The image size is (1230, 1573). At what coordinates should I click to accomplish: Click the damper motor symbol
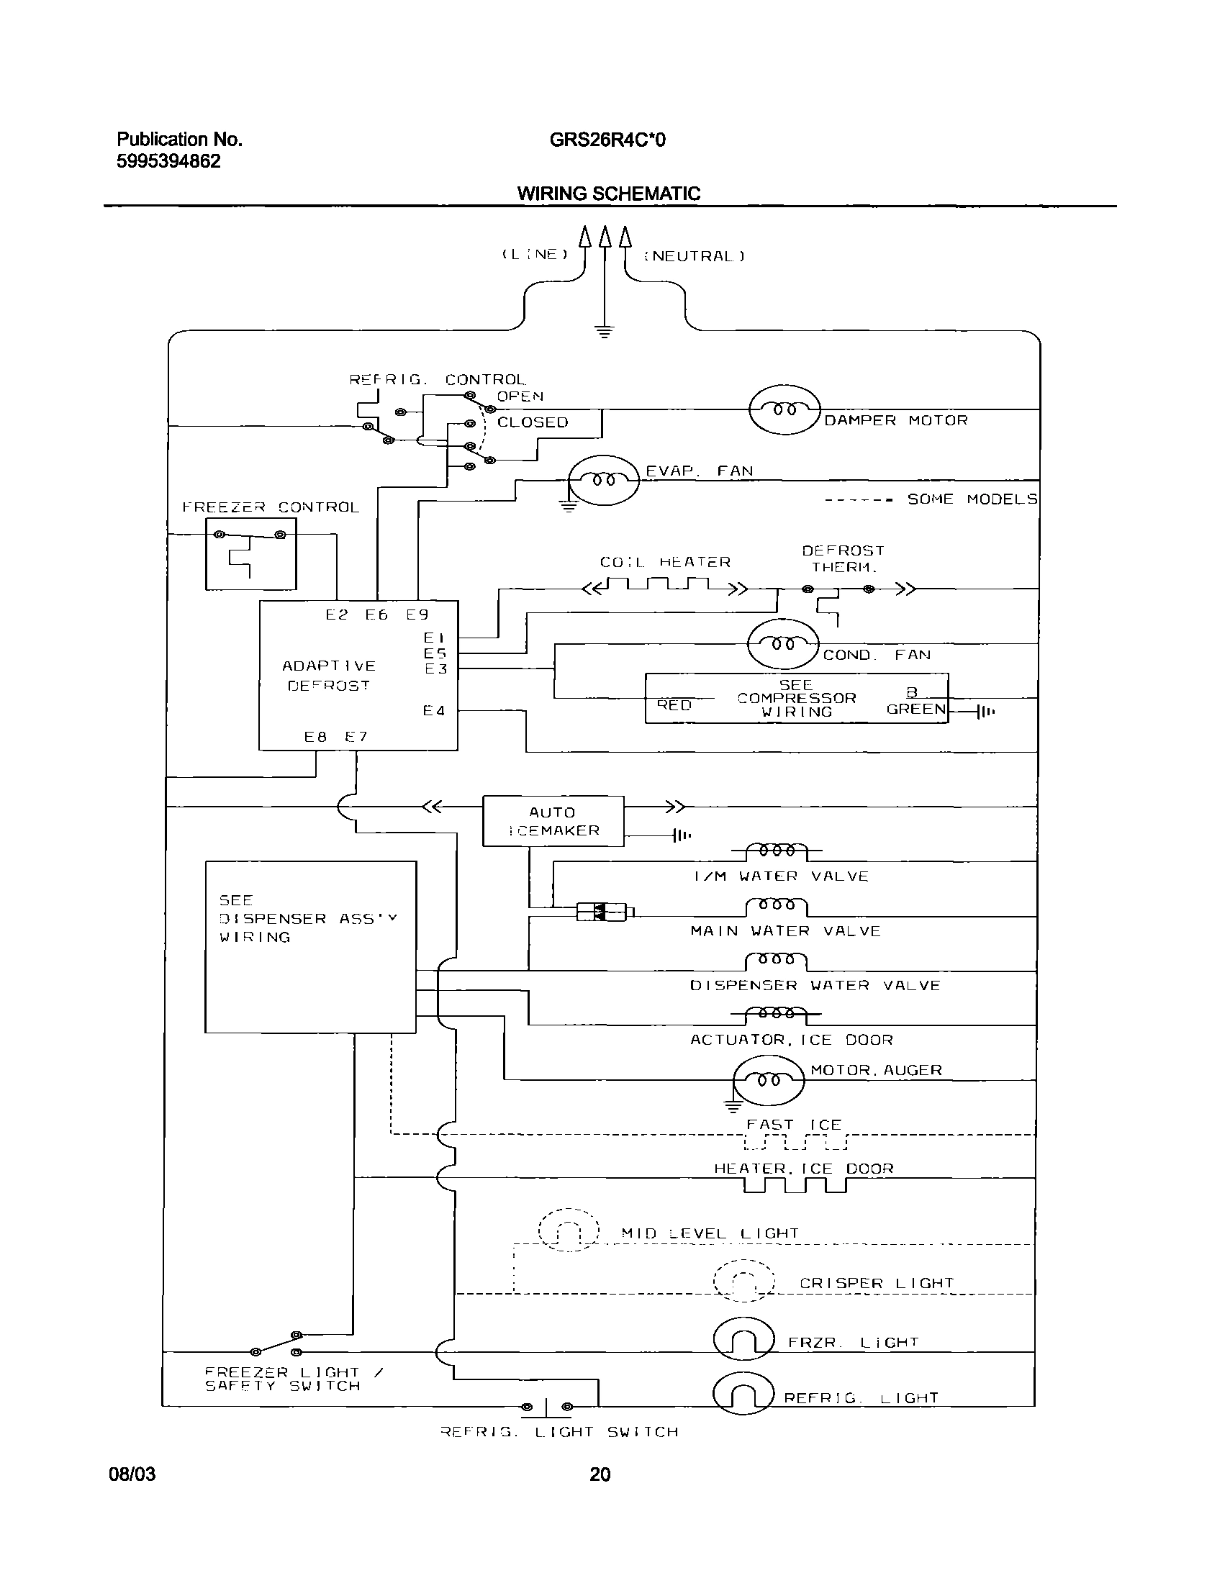784,410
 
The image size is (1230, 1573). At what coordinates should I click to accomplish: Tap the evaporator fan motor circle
604,479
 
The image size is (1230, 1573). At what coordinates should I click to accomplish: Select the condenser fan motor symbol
783,644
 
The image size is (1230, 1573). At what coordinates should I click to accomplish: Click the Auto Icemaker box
553,821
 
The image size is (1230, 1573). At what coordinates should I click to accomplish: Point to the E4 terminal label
433,711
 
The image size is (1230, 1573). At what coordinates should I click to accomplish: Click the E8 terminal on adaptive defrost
315,737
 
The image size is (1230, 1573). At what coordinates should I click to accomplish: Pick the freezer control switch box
250,554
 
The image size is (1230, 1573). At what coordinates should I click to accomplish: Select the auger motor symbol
767,1080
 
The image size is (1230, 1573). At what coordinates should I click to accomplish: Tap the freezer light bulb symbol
744,1338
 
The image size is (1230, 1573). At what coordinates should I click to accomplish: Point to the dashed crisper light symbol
743,1281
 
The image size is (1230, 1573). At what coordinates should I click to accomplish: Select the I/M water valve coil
777,851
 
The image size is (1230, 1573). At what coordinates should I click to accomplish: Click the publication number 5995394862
168,161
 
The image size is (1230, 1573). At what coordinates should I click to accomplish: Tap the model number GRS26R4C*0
607,140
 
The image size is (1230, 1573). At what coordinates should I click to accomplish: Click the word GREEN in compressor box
915,709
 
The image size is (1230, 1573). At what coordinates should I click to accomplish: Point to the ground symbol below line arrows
604,331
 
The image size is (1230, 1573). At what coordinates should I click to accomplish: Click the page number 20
600,1474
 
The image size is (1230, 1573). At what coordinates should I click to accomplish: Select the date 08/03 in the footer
132,1474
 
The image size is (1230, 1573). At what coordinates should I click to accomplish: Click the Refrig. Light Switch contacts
547,1407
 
